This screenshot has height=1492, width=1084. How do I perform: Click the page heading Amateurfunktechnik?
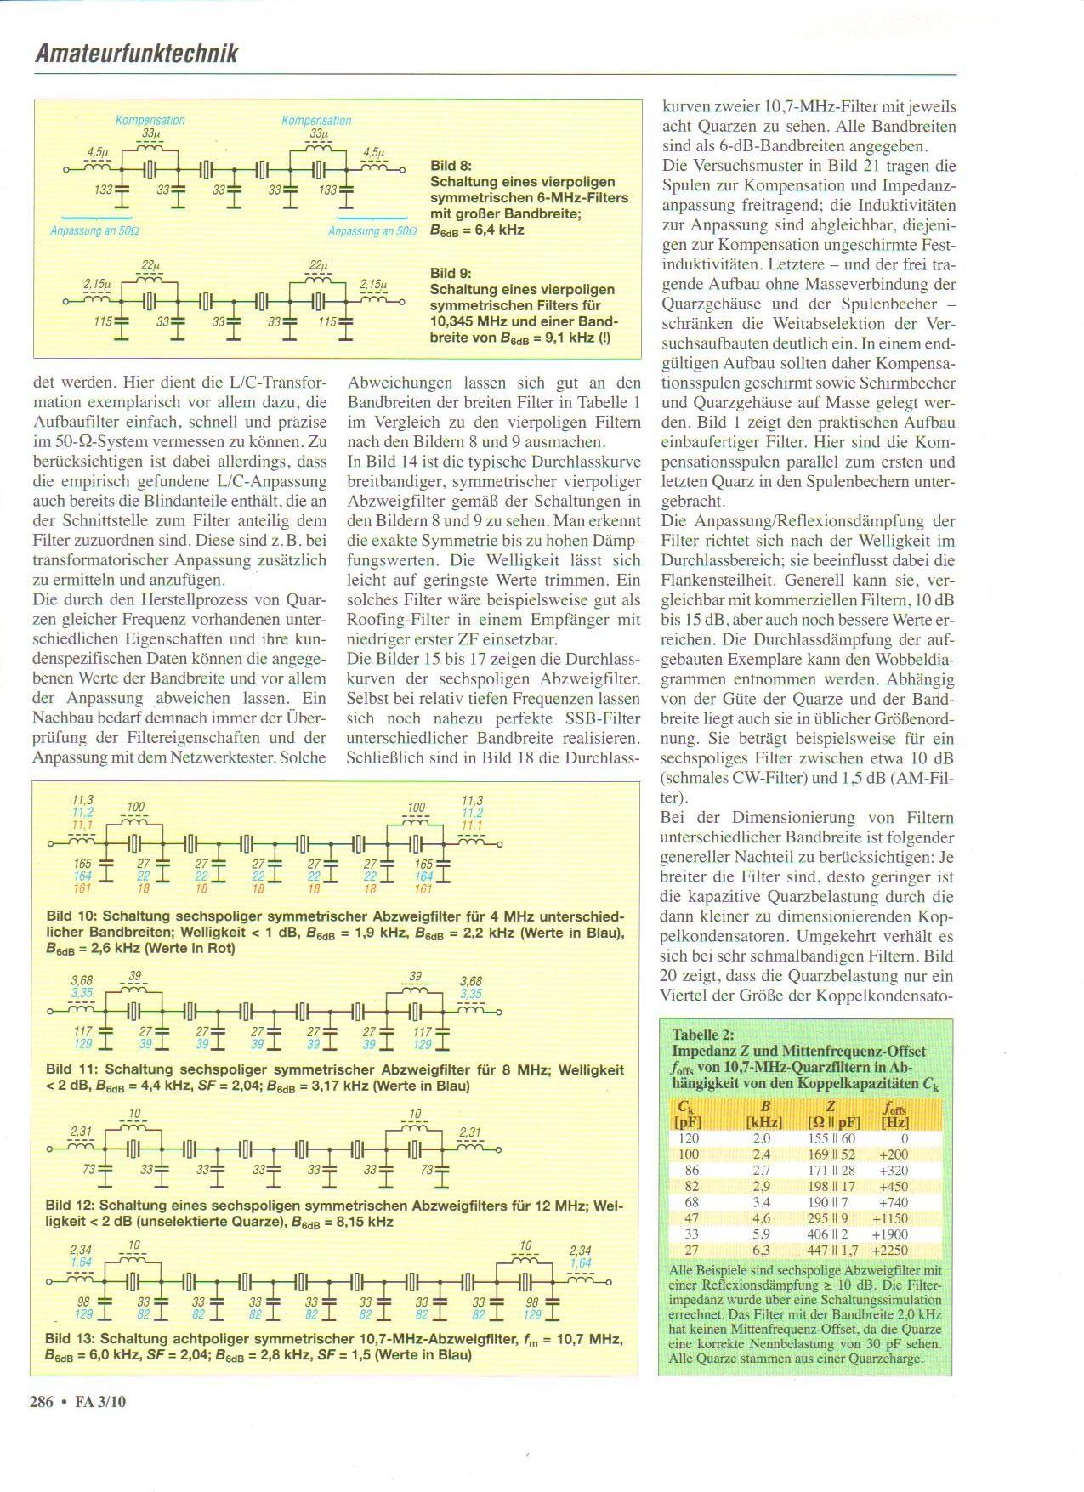(136, 54)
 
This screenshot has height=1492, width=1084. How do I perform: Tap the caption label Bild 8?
(451, 166)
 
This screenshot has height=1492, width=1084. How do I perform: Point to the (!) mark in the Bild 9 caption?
(602, 338)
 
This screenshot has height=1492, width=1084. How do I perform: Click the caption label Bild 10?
(73, 916)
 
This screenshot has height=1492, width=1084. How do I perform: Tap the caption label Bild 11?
(73, 1069)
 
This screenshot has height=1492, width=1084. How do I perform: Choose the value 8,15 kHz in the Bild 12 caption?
(361, 1221)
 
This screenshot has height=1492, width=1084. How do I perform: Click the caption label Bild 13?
(73, 1338)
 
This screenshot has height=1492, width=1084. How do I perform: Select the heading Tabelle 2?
(702, 1035)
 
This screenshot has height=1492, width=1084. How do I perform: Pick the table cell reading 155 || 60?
(831, 1138)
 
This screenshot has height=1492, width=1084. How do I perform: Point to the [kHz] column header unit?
(763, 1122)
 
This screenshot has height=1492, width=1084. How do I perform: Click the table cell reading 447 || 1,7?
(831, 1250)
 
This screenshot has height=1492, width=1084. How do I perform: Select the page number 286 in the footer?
(42, 1402)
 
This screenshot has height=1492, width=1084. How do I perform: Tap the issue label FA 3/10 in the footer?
(100, 1402)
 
